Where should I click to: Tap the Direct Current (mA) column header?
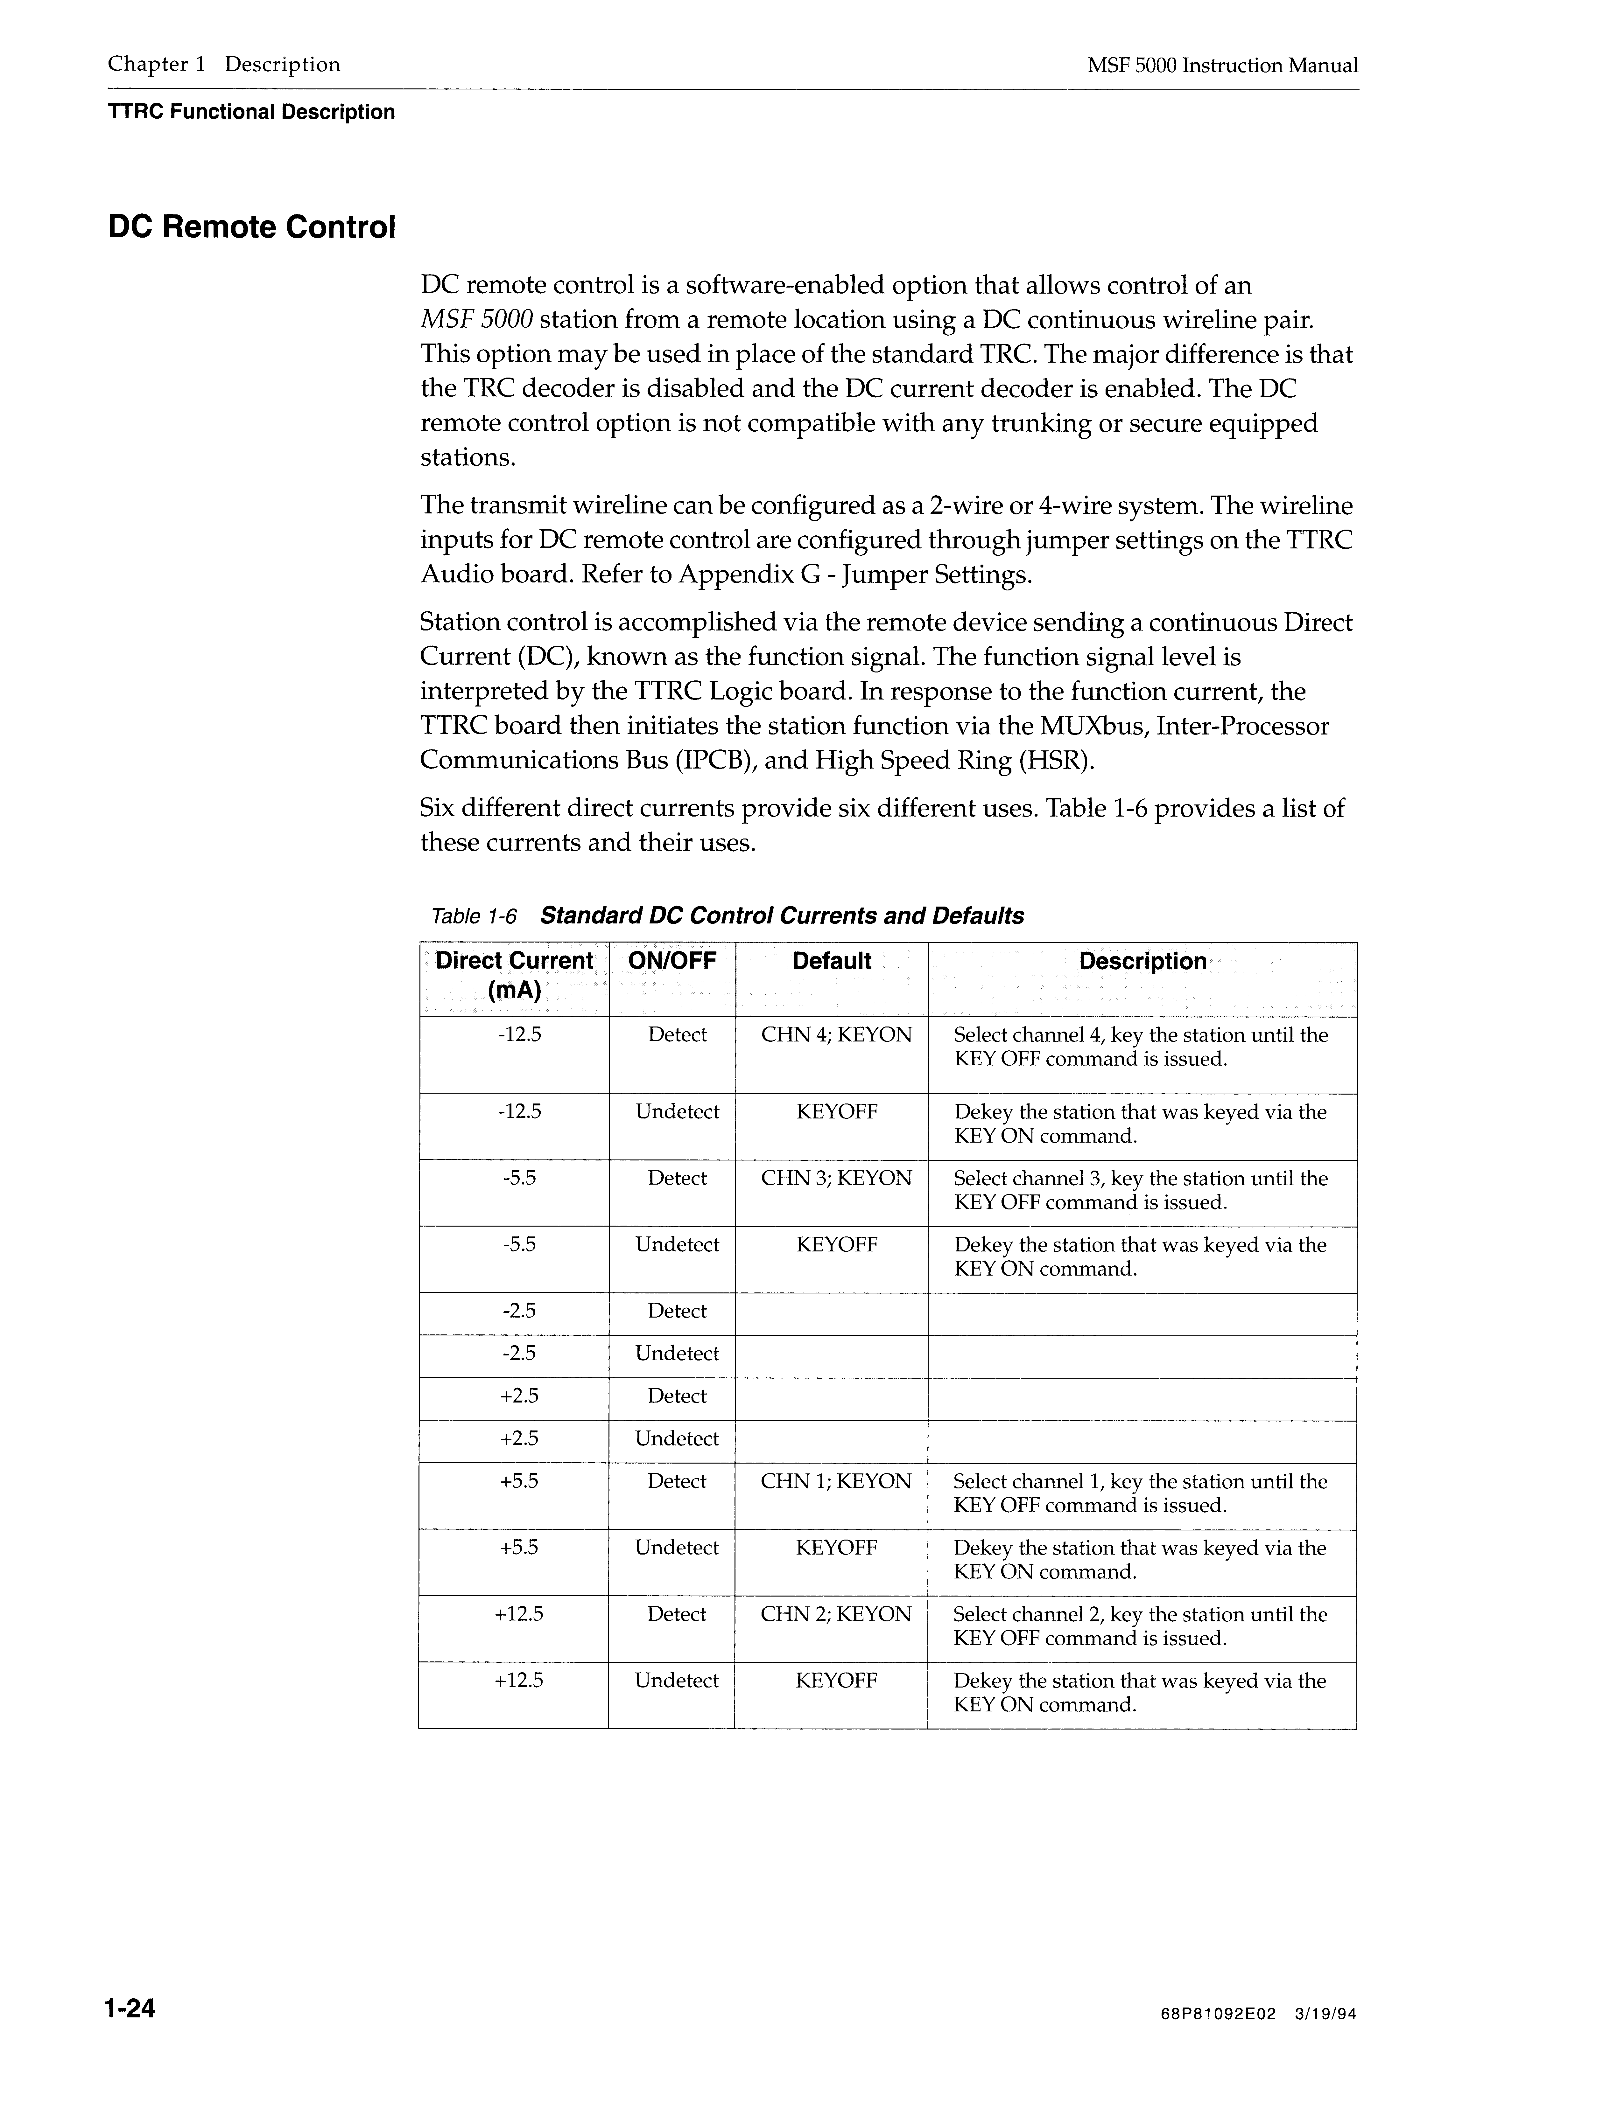pos(514,975)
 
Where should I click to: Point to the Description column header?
pos(1142,962)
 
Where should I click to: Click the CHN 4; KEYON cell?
pos(836,1035)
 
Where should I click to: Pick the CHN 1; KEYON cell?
pos(836,1481)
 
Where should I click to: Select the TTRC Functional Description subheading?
pos(251,113)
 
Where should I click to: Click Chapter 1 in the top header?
pos(157,65)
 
